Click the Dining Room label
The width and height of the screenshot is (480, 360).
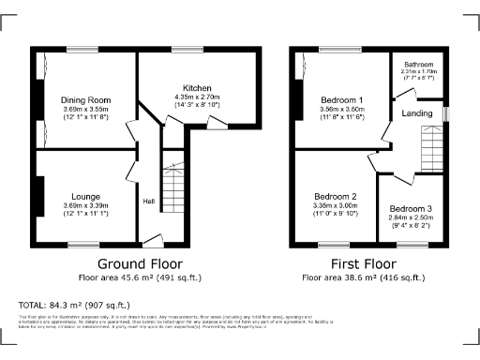tap(85, 99)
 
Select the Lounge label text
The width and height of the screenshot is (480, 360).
tap(85, 196)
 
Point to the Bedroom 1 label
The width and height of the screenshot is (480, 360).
tap(342, 99)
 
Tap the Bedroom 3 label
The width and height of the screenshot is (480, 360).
tap(411, 208)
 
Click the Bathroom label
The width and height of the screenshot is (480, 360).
tap(417, 64)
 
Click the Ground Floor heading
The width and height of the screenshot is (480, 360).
tap(140, 263)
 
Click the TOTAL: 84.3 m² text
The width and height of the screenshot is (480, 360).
tap(74, 305)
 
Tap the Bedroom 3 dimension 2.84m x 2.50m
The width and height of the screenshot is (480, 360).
tap(411, 217)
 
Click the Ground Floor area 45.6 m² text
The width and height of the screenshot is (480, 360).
tap(140, 277)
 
